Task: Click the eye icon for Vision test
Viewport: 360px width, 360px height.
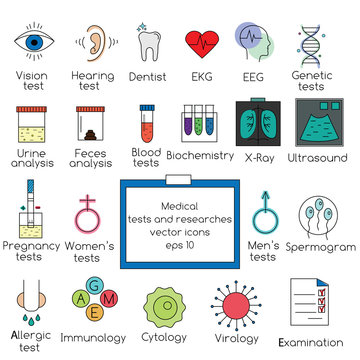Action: click(34, 44)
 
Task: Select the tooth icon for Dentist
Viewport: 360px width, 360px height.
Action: click(148, 43)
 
